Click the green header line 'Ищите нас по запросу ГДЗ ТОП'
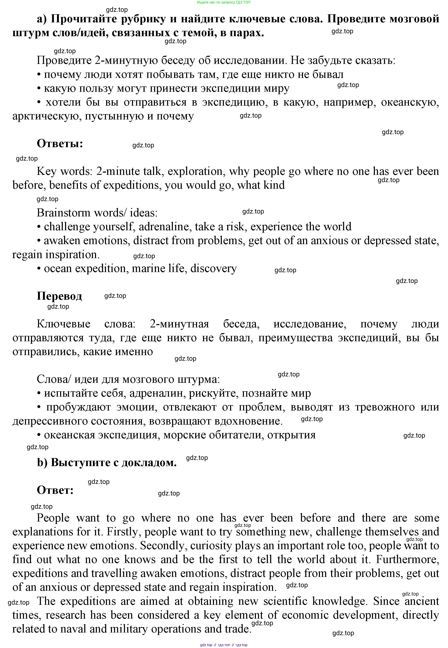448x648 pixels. coord(224,2)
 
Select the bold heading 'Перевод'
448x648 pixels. coord(59,296)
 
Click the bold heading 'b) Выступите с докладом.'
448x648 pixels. coord(107,463)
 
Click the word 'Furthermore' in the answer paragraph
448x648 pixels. coord(407,559)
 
